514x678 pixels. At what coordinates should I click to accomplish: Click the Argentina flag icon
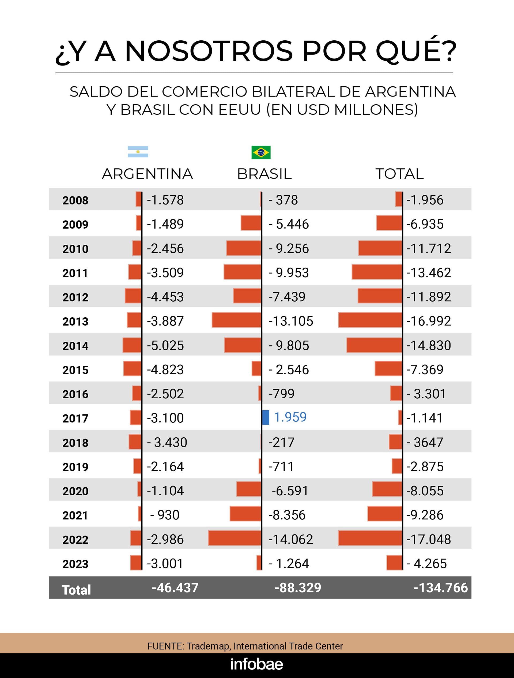point(138,152)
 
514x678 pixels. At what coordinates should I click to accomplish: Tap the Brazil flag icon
point(261,152)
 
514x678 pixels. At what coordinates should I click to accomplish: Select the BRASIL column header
point(264,174)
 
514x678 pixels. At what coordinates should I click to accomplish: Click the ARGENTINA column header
point(147,174)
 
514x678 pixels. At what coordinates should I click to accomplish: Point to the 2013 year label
point(75,322)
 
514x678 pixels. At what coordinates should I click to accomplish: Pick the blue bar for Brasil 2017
point(266,417)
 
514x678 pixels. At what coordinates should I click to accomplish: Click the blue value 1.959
point(290,417)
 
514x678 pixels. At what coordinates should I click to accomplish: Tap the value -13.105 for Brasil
point(291,321)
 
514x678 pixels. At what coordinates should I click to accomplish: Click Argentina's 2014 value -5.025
point(165,345)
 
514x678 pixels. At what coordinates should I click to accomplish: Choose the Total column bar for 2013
point(370,320)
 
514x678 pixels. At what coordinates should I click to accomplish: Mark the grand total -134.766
point(441,588)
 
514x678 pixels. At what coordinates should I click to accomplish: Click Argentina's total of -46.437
point(175,588)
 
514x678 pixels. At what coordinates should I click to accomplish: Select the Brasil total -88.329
point(298,588)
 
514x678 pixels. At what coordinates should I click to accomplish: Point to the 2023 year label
point(75,564)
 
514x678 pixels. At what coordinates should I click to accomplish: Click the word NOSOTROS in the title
point(209,51)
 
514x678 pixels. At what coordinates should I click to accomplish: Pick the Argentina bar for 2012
point(133,296)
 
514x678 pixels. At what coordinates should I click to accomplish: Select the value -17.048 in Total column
point(429,539)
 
